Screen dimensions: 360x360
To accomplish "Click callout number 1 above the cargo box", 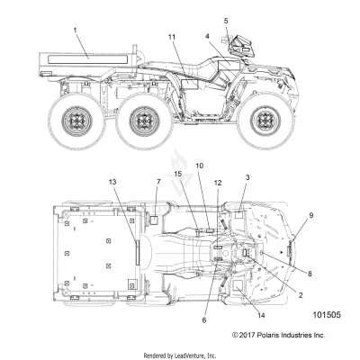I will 75,31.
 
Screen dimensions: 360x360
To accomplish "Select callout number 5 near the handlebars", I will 226,21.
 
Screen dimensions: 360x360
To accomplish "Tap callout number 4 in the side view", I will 207,37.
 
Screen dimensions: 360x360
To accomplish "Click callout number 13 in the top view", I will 112,182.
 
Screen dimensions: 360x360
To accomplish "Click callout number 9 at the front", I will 311,216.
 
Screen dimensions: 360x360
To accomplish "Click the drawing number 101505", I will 327,316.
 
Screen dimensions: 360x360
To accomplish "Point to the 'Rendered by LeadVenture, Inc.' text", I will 180,355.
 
